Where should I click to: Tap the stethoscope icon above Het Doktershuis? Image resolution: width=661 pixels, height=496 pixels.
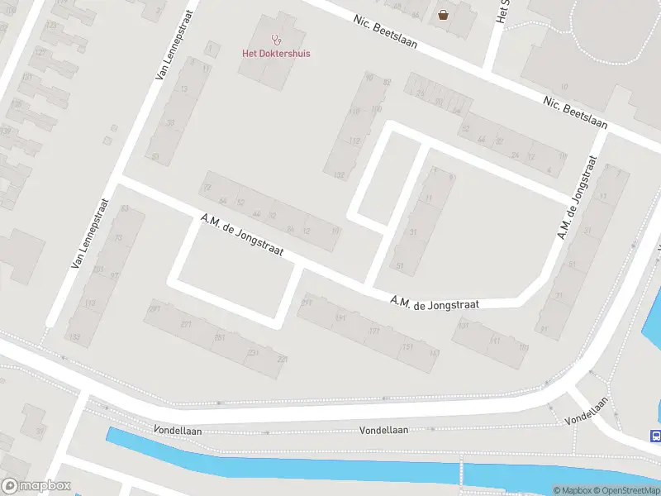pos(276,39)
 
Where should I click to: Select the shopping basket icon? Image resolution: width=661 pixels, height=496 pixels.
pos(444,14)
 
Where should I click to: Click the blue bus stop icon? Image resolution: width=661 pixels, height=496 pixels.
pos(655,436)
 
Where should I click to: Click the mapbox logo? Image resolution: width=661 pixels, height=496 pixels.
pos(36,486)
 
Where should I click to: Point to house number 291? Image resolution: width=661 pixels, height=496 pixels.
pos(154,309)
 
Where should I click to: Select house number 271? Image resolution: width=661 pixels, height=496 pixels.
pos(187,324)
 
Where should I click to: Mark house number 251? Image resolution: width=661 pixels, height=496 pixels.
pos(220,337)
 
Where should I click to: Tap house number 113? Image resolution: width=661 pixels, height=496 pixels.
pos(90,305)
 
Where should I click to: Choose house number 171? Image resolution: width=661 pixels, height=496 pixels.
pos(374,331)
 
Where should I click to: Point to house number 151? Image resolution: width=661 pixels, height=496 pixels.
pos(407,346)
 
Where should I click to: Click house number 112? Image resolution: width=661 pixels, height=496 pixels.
pos(354,141)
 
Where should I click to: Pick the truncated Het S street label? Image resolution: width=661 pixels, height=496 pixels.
pos(501,11)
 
